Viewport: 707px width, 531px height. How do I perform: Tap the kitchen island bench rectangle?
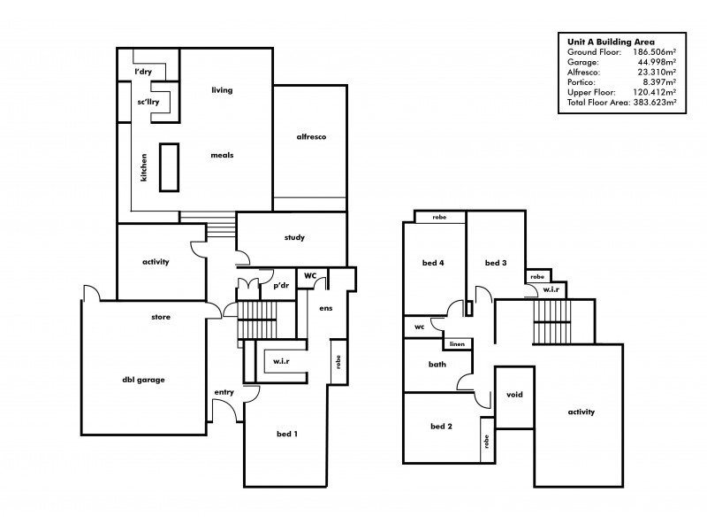(169, 166)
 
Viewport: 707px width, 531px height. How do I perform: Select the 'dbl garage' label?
(143, 380)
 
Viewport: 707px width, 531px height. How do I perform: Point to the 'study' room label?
(294, 237)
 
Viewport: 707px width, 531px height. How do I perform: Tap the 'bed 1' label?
(287, 433)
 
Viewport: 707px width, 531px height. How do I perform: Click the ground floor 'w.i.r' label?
(284, 361)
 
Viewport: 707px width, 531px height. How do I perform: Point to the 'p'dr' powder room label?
(281, 285)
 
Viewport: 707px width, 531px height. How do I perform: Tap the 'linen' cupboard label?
(457, 343)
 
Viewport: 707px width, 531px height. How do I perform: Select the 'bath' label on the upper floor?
(437, 364)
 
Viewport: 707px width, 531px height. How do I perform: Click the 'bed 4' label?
(433, 263)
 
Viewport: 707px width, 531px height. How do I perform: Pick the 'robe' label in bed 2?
(486, 441)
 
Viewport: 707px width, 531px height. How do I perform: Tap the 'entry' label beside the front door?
(224, 391)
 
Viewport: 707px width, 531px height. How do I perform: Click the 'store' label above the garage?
(161, 316)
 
